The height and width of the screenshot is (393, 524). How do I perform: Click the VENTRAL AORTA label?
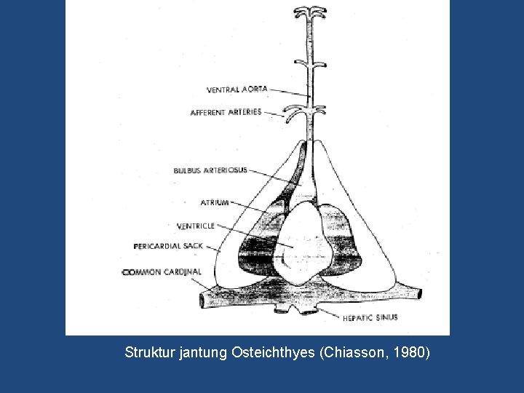237,90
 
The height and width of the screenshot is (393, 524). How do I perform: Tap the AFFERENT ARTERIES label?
226,113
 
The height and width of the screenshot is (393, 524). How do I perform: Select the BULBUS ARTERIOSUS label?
210,170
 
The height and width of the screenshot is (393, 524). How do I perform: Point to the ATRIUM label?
215,202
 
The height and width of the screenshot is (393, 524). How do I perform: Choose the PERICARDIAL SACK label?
168,246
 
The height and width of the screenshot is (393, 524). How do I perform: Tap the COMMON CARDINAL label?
162,271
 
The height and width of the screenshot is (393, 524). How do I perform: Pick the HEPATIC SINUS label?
370,317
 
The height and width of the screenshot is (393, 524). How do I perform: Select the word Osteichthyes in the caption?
274,353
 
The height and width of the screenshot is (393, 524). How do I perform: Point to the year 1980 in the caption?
410,353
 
